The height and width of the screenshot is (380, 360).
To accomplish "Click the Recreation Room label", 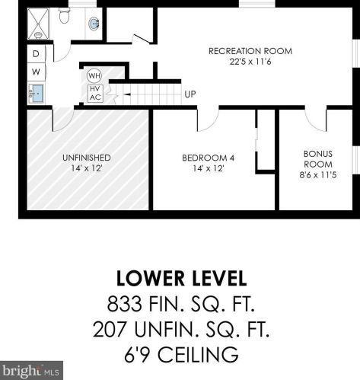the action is [x=250, y=56].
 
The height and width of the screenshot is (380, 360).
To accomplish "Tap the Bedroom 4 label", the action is [x=208, y=163].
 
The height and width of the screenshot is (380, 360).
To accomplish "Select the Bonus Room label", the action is [x=318, y=164].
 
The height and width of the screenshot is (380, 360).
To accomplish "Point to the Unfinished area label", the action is [x=87, y=163].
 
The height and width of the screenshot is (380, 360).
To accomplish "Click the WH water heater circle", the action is [x=94, y=75].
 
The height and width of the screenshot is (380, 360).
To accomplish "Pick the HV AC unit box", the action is [x=95, y=94].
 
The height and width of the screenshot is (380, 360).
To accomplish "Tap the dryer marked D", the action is [x=36, y=54].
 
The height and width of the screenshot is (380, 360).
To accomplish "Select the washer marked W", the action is [x=36, y=72].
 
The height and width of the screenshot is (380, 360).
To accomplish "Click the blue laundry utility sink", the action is [x=37, y=93].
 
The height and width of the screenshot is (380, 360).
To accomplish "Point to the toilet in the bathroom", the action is [x=64, y=15].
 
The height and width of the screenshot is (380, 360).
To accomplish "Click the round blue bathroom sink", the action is [x=94, y=24].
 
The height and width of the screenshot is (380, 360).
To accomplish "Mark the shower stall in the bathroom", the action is [x=38, y=24].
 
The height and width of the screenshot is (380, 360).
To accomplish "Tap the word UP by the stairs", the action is [x=190, y=94].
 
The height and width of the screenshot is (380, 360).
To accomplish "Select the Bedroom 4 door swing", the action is [x=207, y=120].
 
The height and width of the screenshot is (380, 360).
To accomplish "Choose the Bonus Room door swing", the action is [x=316, y=120].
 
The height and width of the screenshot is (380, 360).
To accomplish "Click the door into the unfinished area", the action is [x=62, y=120].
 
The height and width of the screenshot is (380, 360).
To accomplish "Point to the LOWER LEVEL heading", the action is [x=181, y=279].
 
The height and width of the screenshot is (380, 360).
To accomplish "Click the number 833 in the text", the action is [x=124, y=304].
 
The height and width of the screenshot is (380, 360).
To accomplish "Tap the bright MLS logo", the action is [x=31, y=371].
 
